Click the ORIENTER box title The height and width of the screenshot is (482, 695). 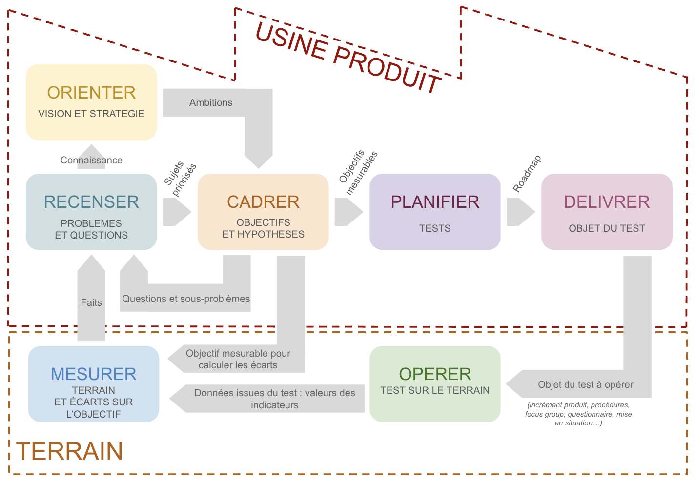point(91,93)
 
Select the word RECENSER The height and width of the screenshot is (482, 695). point(91,202)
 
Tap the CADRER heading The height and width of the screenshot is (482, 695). point(263,202)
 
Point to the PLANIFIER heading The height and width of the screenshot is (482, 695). point(435,202)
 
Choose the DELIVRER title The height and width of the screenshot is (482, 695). point(607,202)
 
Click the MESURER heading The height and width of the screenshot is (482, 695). point(93,374)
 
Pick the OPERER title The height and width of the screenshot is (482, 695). point(435,374)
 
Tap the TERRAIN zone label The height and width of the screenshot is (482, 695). point(69,451)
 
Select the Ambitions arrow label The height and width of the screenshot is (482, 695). point(211,103)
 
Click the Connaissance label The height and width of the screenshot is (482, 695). point(91,160)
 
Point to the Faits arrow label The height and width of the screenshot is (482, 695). point(91,302)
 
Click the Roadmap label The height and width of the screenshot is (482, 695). point(527,174)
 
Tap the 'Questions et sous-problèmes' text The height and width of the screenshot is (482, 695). point(186,299)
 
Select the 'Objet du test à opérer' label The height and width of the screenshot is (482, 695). point(586,384)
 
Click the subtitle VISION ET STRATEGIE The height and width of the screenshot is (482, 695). point(91,114)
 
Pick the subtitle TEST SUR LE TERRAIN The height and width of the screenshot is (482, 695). point(435,390)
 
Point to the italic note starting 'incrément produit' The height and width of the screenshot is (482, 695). point(578,414)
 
